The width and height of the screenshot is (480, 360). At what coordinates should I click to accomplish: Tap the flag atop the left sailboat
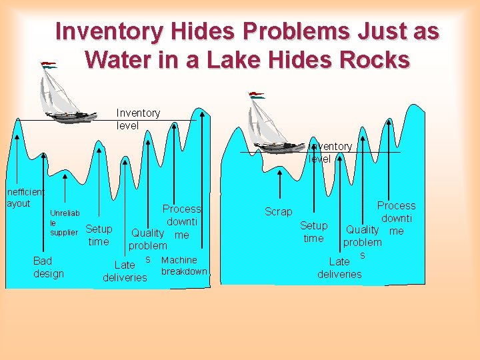click(x=49, y=65)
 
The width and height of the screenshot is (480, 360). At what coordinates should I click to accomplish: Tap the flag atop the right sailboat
click(x=257, y=95)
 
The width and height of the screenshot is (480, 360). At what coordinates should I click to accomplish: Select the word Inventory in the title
click(x=107, y=31)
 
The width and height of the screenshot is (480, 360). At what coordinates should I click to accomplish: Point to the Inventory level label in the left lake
click(x=138, y=119)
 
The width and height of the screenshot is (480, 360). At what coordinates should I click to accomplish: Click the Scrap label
click(x=278, y=211)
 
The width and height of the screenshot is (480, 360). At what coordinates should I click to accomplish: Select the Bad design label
click(x=49, y=267)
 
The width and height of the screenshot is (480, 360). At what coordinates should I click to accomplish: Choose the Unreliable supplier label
click(x=65, y=223)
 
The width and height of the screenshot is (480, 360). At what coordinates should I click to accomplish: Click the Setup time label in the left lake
click(x=99, y=235)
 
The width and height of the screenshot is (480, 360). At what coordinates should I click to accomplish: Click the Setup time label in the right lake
click(x=313, y=232)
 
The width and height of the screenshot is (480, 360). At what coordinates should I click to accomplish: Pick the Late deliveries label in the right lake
click(x=339, y=267)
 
